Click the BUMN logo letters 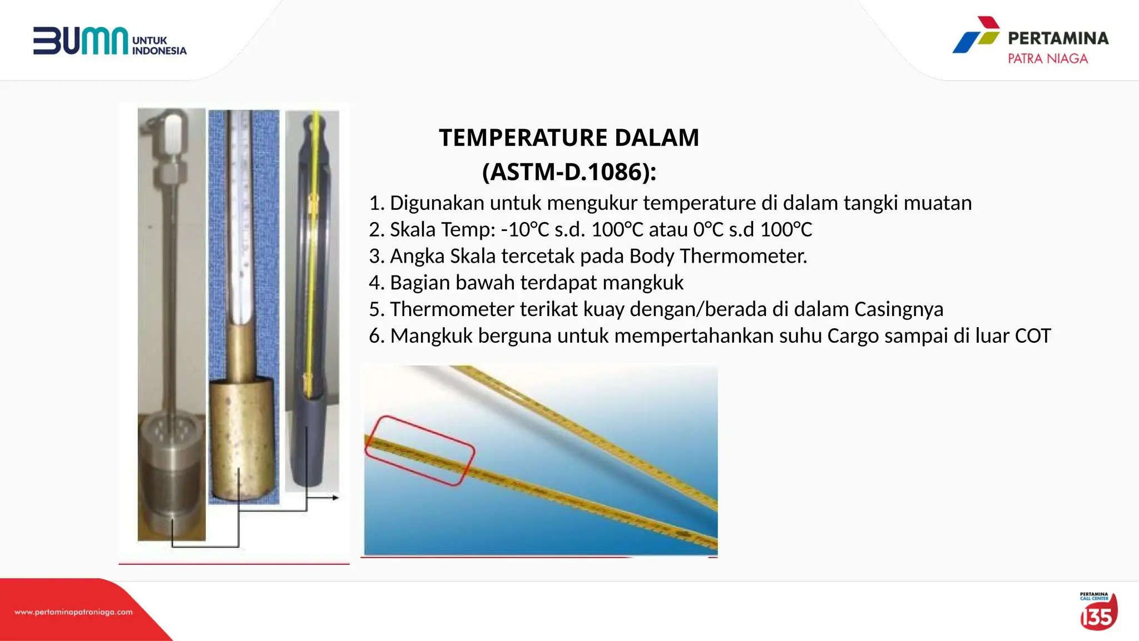81,41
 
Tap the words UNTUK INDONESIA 159,46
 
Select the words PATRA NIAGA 1047,58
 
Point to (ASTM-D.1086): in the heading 569,171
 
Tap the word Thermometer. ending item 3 743,256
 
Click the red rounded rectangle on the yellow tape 419,450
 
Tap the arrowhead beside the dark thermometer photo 335,497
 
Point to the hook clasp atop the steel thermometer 171,134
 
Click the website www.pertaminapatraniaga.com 73,612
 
